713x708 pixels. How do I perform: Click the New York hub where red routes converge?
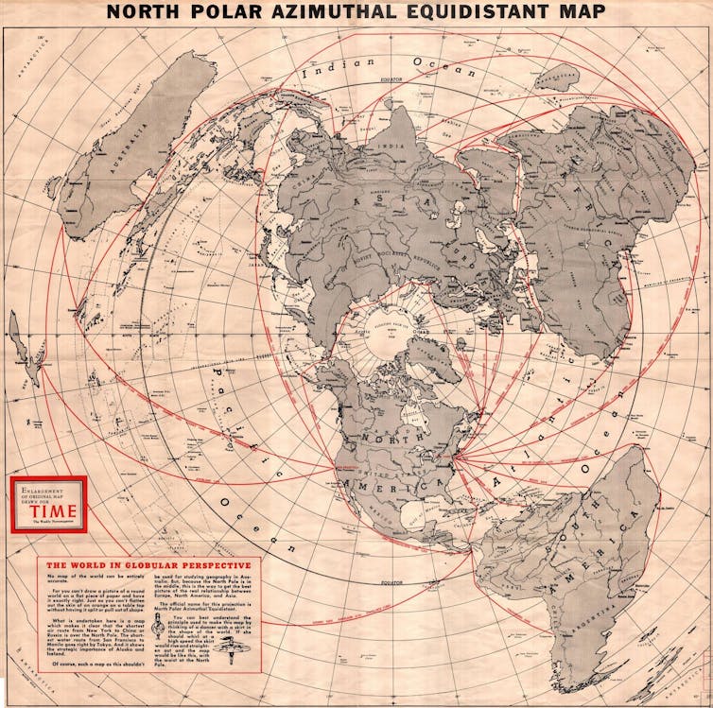[455, 462]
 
